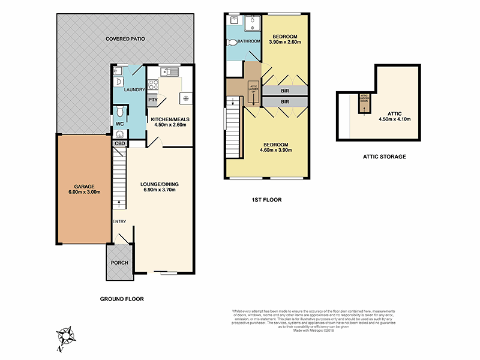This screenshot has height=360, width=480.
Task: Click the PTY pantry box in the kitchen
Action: tap(153, 100)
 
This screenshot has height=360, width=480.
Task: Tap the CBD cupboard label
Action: tap(119, 143)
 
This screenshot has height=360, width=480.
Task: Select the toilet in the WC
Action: tap(121, 112)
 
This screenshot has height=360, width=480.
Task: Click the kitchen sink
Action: tap(172, 73)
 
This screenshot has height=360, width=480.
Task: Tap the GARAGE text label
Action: tap(85, 186)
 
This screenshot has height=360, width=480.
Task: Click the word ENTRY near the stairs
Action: tap(119, 221)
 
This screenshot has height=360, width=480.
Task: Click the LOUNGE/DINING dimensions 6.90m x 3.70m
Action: tap(159, 190)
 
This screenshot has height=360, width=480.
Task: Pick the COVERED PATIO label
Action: tap(125, 39)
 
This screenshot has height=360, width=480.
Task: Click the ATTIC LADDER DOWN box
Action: tap(364, 101)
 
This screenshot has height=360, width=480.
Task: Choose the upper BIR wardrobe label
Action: tap(285, 91)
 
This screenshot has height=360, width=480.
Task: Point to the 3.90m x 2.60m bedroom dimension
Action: tap(285, 43)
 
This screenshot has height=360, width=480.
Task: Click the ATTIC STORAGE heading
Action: tap(384, 157)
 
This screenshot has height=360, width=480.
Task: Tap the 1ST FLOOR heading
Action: tap(268, 200)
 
